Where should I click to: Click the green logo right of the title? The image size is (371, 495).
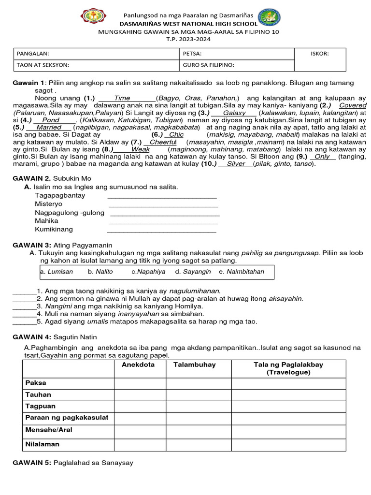(270, 17)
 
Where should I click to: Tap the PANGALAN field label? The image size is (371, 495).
(33, 54)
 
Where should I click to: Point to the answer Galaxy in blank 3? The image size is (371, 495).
(234, 113)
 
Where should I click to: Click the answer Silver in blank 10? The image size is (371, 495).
(236, 164)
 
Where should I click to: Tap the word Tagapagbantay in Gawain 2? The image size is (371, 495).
(60, 195)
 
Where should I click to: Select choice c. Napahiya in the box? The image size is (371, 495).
(148, 272)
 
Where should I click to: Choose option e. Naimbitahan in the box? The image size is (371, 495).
(242, 272)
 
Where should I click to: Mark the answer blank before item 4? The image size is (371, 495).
(24, 314)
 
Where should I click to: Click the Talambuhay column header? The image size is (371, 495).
(194, 364)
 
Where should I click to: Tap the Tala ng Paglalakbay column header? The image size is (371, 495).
(288, 368)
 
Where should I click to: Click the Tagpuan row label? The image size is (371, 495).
(40, 407)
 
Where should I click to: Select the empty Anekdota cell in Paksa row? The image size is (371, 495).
(140, 383)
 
